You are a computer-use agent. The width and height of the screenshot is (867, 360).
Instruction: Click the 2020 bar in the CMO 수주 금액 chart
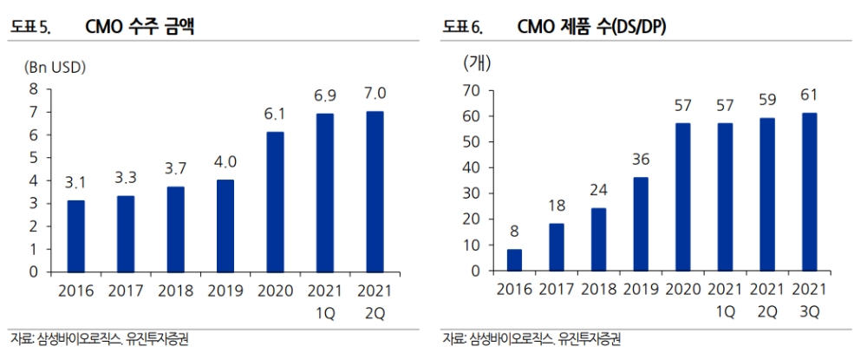pyautogui.click(x=275, y=201)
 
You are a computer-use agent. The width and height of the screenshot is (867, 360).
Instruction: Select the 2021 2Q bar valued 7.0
pyautogui.click(x=375, y=191)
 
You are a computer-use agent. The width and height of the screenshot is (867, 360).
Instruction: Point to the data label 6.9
pyautogui.click(x=324, y=94)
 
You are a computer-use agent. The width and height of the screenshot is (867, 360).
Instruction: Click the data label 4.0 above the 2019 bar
pyautogui.click(x=225, y=160)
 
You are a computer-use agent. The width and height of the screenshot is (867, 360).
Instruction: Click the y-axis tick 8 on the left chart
pyautogui.click(x=34, y=88)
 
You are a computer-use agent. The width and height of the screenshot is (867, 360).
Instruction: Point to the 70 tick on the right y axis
pyautogui.click(x=473, y=90)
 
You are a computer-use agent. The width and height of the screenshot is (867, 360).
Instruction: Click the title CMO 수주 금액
pyautogui.click(x=140, y=27)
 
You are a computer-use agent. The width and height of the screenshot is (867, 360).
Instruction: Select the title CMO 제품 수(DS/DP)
pyautogui.click(x=591, y=27)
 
